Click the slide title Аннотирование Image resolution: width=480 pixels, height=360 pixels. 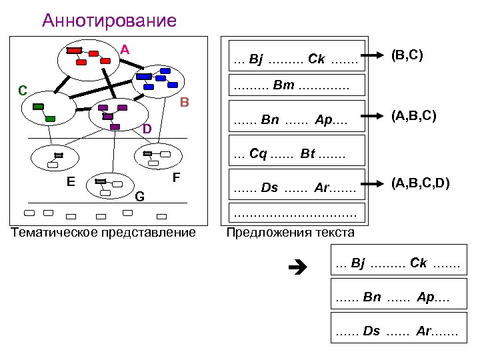coord(109,21)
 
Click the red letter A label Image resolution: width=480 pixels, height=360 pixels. coord(125,49)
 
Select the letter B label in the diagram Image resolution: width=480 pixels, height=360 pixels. coord(185,103)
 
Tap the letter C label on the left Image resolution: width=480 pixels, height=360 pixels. coord(23,90)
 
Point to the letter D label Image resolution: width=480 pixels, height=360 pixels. coord(147,128)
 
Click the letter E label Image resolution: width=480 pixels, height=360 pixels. coord(70,179)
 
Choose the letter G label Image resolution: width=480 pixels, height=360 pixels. coord(139,197)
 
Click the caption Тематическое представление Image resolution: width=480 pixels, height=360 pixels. coord(103,232)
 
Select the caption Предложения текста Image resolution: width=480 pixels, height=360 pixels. coord(291,233)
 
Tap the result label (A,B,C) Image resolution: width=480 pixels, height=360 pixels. coord(414,116)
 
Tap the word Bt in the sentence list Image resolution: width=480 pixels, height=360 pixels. coord(307,154)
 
